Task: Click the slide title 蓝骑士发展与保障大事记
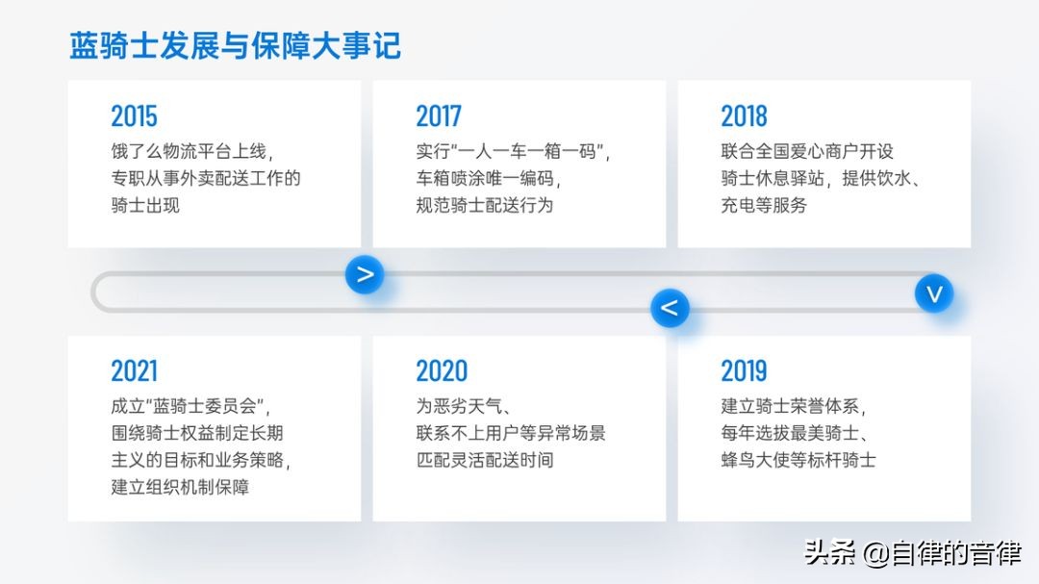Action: point(235,46)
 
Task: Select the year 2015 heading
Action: point(134,116)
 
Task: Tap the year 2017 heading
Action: point(439,116)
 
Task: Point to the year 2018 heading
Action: point(744,116)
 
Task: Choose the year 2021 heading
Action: point(134,371)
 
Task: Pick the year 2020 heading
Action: point(442,371)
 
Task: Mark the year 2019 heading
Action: point(744,371)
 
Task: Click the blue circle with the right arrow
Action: point(365,274)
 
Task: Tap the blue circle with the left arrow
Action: point(670,308)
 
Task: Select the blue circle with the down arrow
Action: point(934,293)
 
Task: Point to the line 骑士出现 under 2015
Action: point(145,206)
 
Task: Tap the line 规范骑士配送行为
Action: point(484,206)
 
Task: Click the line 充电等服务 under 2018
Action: point(764,206)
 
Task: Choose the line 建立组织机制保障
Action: point(180,487)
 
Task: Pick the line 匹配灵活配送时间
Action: point(484,460)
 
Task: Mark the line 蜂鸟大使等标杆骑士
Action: point(798,460)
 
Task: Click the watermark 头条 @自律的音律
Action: point(912,553)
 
